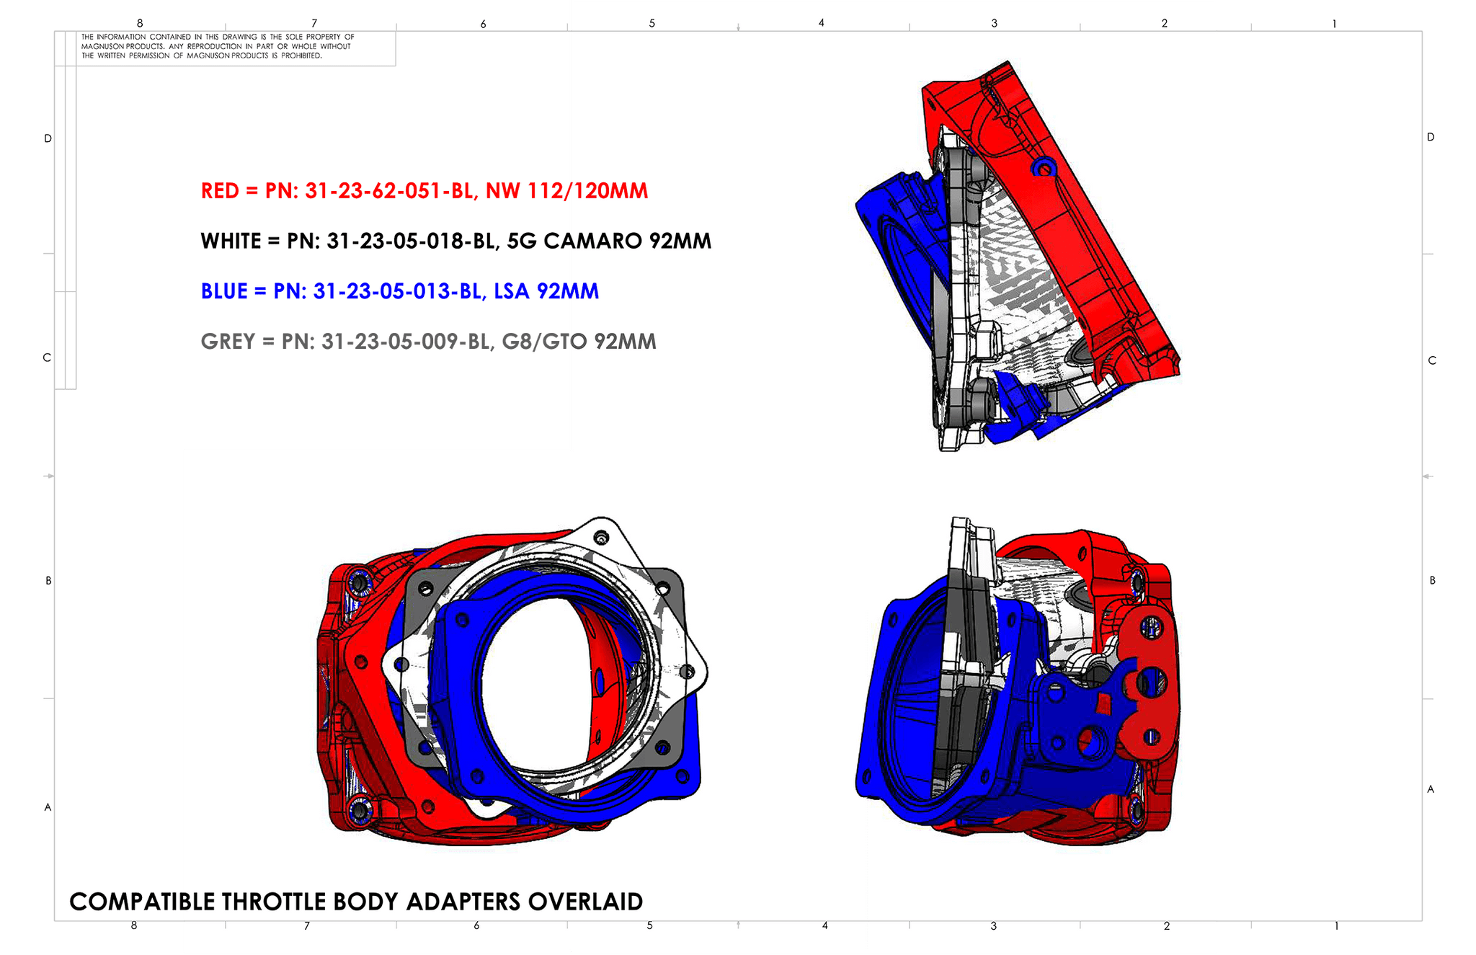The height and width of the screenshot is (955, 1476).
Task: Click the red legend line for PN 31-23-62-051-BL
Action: click(x=424, y=191)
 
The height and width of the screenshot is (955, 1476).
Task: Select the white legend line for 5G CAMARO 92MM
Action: click(x=456, y=241)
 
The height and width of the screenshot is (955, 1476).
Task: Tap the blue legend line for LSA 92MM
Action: click(x=400, y=291)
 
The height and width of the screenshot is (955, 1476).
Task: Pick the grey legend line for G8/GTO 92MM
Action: click(x=429, y=342)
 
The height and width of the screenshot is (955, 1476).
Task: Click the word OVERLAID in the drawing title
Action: click(x=585, y=902)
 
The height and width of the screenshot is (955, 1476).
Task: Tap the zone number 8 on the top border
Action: click(x=140, y=24)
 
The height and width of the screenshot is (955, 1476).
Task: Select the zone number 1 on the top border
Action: click(x=1334, y=24)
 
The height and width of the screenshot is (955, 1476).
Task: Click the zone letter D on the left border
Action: click(x=48, y=138)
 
